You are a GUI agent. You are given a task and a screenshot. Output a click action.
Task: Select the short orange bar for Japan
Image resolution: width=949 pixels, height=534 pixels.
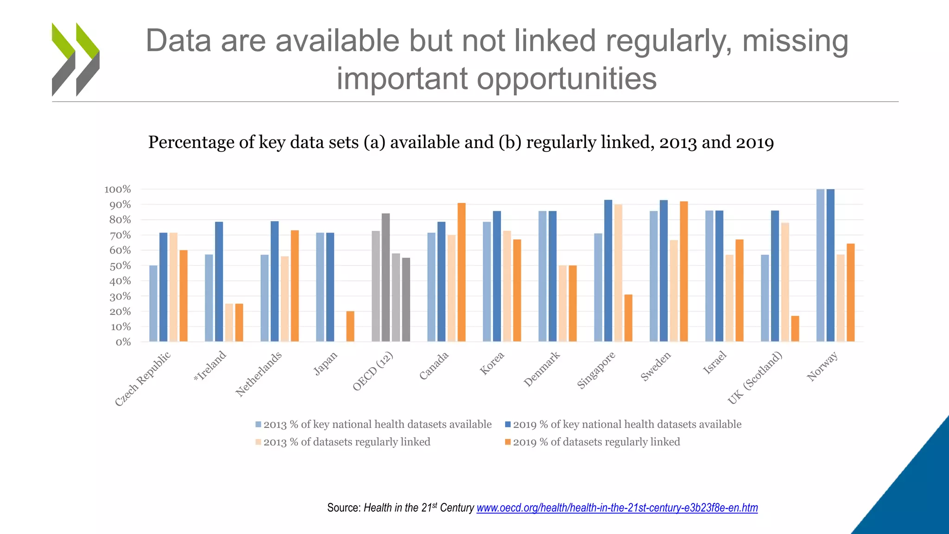coord(350,326)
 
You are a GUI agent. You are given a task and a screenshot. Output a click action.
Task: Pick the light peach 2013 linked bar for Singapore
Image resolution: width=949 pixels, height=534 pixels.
coord(618,273)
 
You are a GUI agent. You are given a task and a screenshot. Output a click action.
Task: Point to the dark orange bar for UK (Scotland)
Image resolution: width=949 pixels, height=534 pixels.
coord(795,329)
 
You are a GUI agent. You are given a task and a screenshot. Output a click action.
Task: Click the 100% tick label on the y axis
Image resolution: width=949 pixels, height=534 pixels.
coord(118,190)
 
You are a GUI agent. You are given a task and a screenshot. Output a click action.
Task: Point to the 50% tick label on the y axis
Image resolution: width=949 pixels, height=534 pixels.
coord(120,266)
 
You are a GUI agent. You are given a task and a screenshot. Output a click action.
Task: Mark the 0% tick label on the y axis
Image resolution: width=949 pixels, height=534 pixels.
coord(123,343)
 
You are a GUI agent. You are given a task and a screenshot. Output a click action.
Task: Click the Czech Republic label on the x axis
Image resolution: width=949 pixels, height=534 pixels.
coord(143,379)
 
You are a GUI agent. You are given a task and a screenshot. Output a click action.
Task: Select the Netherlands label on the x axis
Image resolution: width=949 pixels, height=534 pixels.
coord(259,375)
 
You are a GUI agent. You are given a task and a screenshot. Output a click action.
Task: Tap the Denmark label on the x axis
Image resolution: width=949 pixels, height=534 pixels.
coord(542,369)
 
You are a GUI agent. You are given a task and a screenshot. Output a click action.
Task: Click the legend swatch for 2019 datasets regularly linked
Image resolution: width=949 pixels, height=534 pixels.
coord(508,442)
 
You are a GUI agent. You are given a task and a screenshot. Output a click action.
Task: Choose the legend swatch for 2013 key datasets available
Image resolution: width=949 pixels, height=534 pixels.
coord(259,425)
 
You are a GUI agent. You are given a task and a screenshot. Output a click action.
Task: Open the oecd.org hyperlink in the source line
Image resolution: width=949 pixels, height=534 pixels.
coord(617,508)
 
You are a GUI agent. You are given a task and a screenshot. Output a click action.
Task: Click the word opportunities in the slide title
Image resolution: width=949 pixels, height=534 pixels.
coord(566,78)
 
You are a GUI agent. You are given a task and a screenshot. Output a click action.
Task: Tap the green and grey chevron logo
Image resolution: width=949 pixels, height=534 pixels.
coord(76,59)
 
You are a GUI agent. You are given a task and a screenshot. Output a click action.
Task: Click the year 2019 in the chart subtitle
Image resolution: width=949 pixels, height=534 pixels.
coord(755,142)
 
